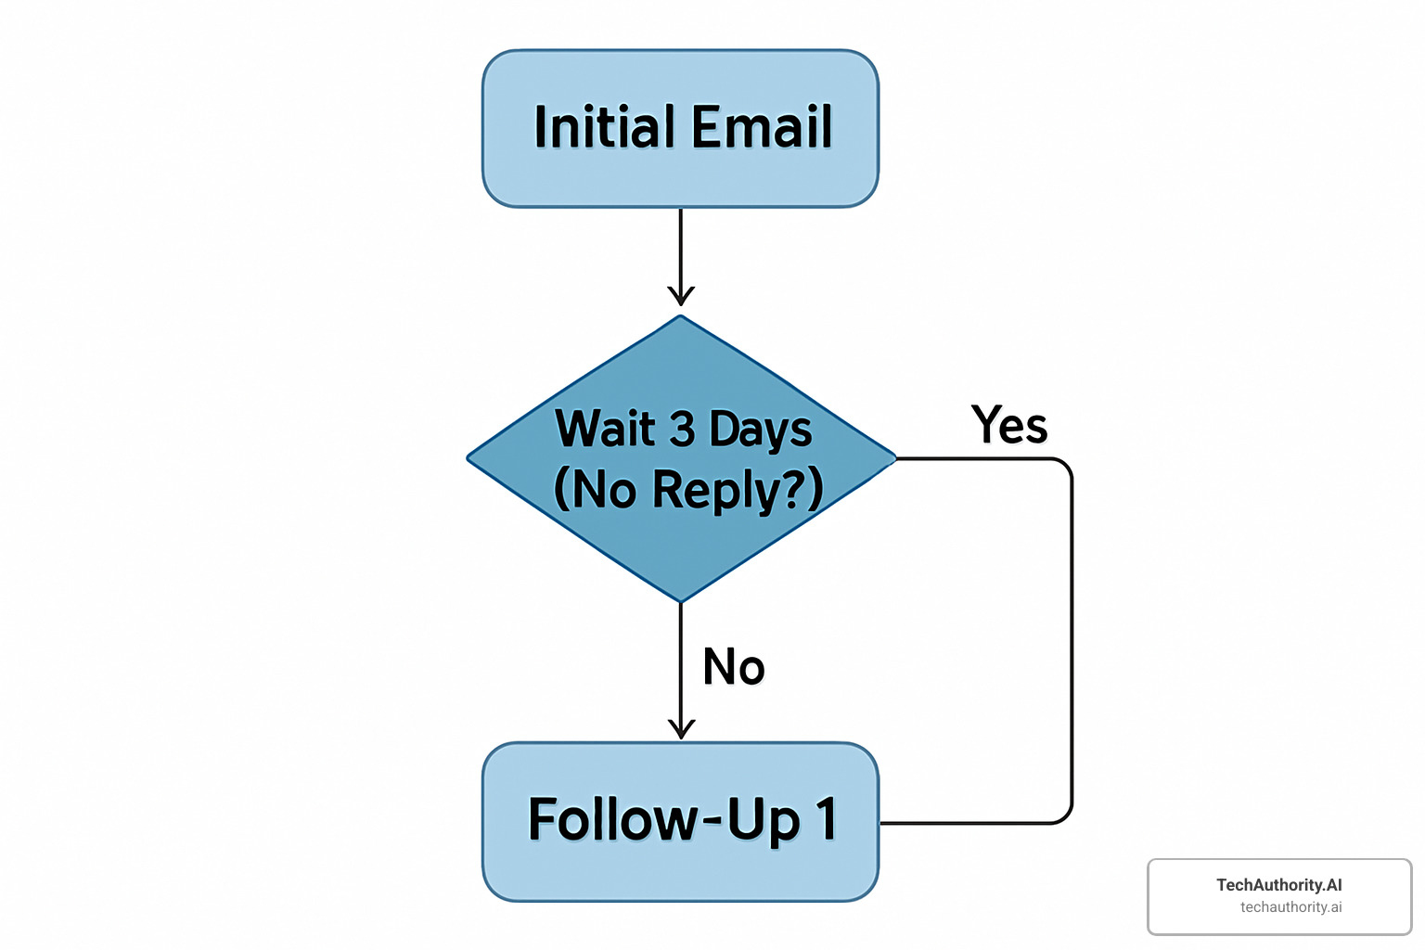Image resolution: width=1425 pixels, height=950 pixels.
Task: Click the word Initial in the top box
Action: click(x=604, y=127)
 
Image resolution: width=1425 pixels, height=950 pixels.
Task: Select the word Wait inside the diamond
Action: click(x=605, y=429)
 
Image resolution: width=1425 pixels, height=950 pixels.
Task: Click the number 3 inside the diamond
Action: click(x=682, y=429)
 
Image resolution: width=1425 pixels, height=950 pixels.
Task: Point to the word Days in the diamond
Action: click(x=761, y=430)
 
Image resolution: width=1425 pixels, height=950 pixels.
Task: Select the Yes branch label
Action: click(x=1009, y=426)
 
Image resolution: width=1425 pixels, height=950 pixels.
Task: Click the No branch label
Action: click(x=734, y=667)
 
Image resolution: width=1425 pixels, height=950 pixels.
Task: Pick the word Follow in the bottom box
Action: click(x=613, y=819)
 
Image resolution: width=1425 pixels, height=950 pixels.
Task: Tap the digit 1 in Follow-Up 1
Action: click(x=826, y=819)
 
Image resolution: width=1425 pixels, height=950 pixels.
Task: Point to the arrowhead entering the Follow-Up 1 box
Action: click(x=681, y=730)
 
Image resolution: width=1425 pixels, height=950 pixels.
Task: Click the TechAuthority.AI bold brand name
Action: click(x=1278, y=885)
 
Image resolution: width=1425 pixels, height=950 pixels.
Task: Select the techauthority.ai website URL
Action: click(x=1290, y=907)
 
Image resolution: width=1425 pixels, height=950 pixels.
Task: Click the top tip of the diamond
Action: click(x=681, y=317)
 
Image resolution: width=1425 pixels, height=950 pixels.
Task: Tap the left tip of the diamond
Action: click(x=469, y=457)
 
